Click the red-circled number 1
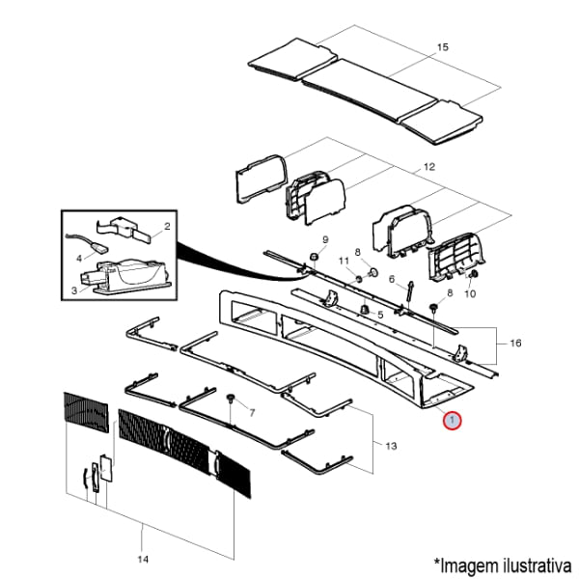[452, 421]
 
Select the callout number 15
[443, 47]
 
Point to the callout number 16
[515, 343]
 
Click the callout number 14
[143, 559]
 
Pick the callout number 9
[325, 239]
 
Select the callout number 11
[342, 262]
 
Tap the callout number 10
[470, 294]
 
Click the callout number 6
[393, 281]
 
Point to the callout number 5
[380, 315]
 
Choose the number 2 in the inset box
[166, 227]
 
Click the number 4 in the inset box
[79, 259]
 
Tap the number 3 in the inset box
[73, 289]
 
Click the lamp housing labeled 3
[125, 275]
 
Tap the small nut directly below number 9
[315, 256]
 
